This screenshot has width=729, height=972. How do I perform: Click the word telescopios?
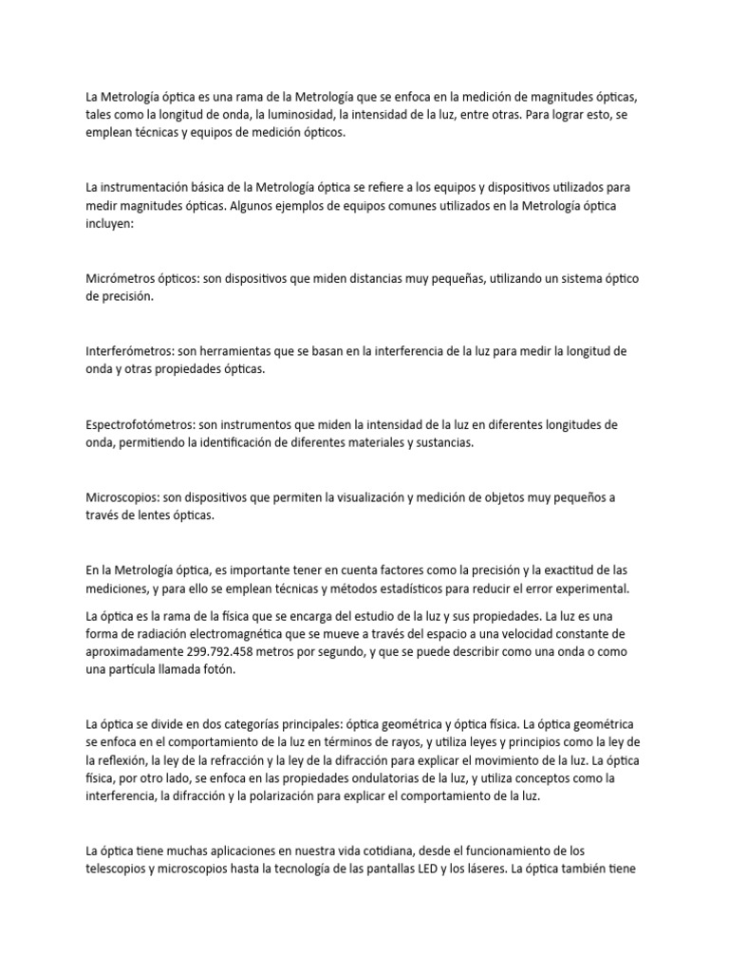tap(119, 869)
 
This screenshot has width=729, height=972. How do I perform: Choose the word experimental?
tap(581, 589)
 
